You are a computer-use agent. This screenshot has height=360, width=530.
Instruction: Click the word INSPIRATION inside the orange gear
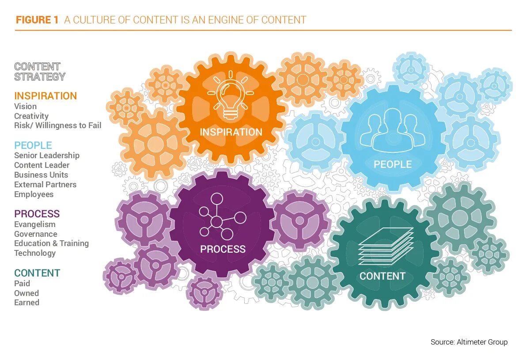[231, 132]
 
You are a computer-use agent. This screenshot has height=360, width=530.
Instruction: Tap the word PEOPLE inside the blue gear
[393, 164]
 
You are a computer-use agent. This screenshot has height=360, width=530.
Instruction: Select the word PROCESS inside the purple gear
[223, 249]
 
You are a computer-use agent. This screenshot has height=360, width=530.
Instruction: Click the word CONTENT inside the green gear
[382, 277]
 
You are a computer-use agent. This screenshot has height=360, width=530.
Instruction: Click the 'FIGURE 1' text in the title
[37, 20]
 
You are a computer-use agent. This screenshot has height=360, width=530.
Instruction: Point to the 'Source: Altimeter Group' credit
[469, 342]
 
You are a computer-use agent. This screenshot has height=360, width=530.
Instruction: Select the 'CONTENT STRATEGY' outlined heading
[39, 72]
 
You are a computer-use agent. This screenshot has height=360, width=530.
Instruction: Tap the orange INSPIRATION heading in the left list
[45, 96]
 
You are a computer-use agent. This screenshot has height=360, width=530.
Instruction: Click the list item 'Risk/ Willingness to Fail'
[57, 125]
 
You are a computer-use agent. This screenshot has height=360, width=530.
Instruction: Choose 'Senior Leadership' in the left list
[47, 155]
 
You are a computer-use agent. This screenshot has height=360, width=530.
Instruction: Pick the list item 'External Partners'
[45, 185]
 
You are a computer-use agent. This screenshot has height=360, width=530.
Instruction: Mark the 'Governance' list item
[35, 234]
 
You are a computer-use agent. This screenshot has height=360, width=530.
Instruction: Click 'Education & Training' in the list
[51, 243]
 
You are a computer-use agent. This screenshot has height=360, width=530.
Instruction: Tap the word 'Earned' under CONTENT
[26, 303]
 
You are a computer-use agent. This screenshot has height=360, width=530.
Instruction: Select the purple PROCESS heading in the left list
[37, 214]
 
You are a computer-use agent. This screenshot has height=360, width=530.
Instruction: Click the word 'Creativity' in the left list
[31, 116]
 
